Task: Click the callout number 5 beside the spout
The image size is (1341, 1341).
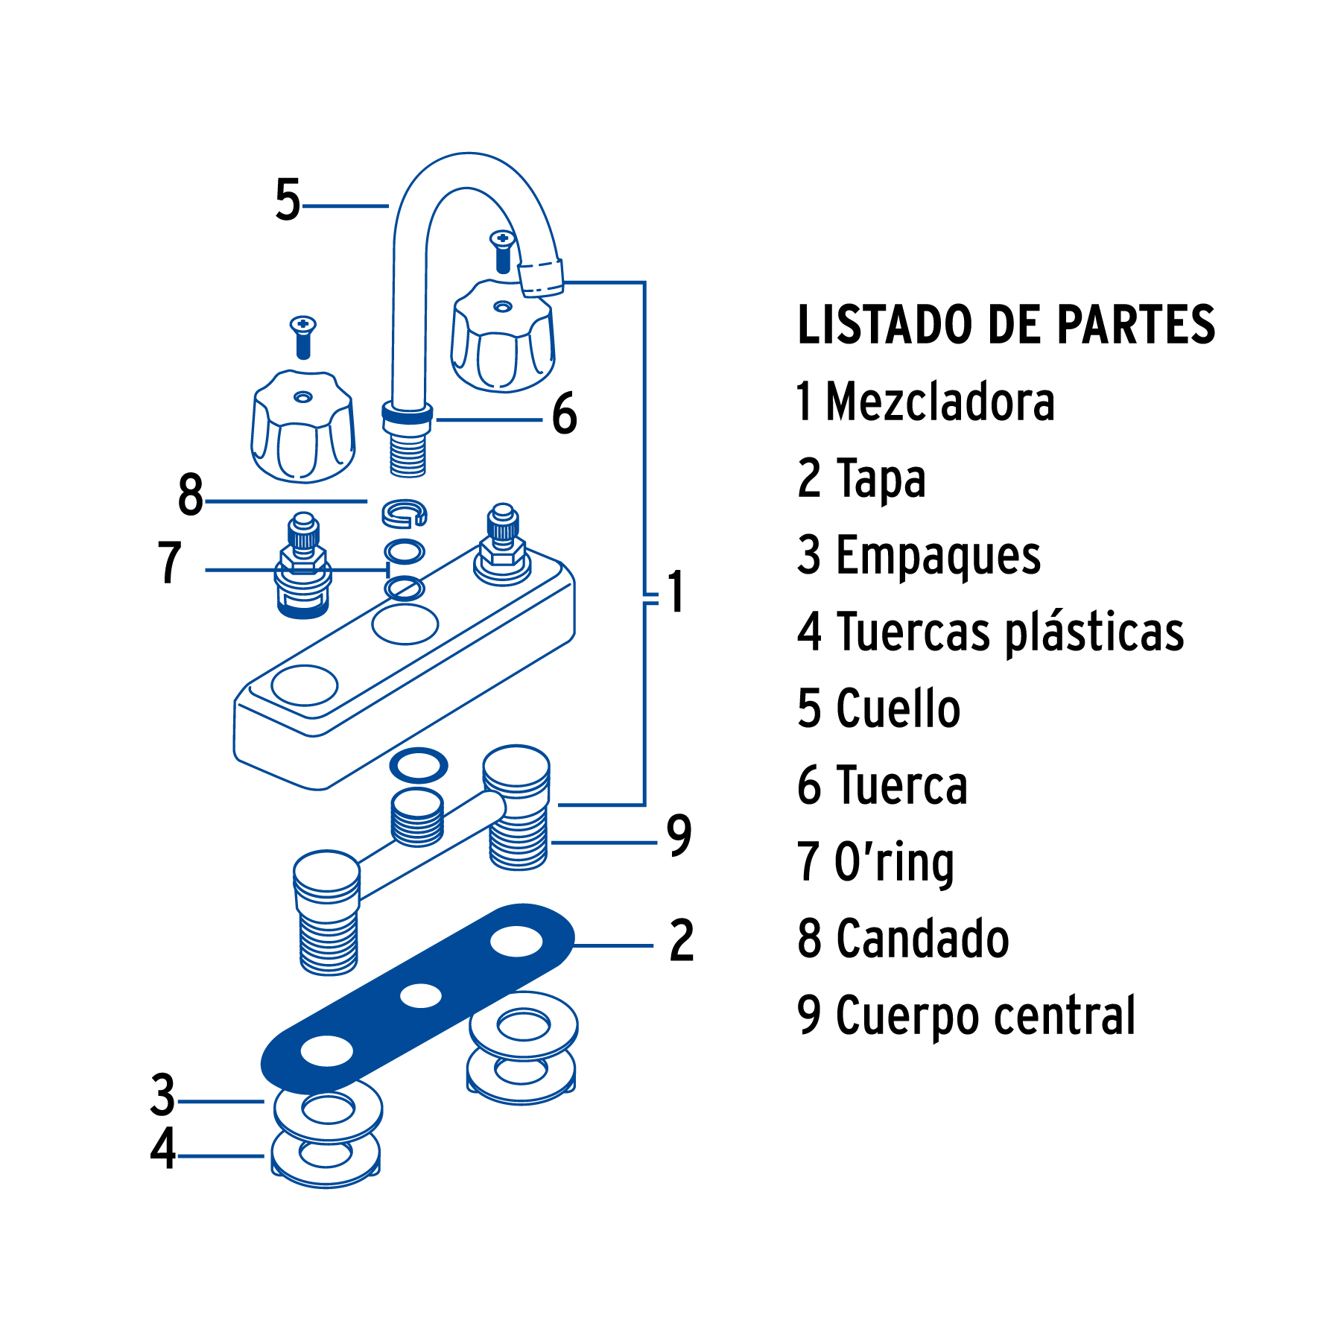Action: tap(288, 200)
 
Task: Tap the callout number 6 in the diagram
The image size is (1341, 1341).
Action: tap(565, 414)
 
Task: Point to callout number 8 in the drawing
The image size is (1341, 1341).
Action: tap(191, 495)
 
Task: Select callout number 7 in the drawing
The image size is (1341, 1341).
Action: tap(170, 563)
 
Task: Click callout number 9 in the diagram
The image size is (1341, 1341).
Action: tap(679, 836)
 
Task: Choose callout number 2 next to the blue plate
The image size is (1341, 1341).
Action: tap(682, 941)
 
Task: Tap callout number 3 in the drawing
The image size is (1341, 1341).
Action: tap(163, 1095)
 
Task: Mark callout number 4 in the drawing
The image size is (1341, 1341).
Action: tap(163, 1149)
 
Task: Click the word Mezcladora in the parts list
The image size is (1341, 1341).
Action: tap(940, 402)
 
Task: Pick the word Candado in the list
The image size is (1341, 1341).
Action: tap(923, 939)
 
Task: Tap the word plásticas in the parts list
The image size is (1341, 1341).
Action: tap(1095, 633)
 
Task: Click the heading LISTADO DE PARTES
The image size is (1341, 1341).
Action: tap(1006, 325)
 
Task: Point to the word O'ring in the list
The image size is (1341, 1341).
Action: tap(894, 863)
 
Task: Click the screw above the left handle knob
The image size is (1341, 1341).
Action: tap(303, 336)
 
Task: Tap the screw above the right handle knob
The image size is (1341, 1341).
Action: tap(503, 250)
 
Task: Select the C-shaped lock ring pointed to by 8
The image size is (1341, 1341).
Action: tap(405, 513)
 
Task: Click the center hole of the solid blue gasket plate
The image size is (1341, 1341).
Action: tap(421, 995)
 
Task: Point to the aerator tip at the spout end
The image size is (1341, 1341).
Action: tap(541, 278)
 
